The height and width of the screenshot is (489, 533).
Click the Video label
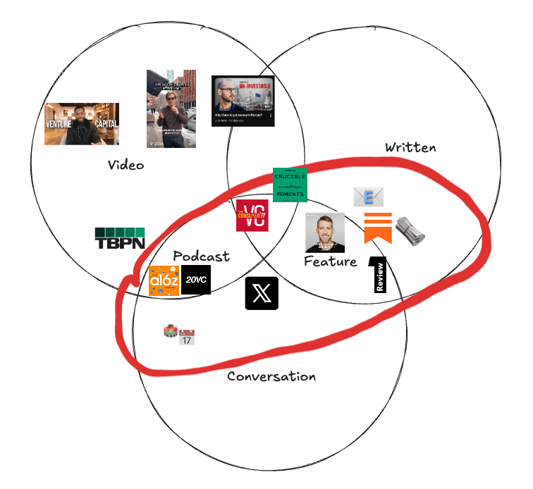point(126,165)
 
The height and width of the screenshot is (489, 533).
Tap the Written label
point(410,147)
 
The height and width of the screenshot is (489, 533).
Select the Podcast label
point(201,256)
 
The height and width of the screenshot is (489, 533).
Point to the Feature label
point(330,261)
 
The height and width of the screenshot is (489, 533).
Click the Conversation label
point(271,376)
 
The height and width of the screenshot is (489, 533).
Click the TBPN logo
point(120,239)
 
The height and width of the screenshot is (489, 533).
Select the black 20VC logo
point(196,280)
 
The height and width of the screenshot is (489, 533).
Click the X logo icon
point(262,293)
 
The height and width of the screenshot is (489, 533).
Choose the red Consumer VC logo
point(252,215)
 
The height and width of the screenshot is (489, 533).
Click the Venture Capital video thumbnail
point(82,124)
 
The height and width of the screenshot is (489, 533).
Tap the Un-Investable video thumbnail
point(243,101)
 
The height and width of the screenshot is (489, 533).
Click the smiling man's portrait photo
point(325,233)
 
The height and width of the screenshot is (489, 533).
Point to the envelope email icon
point(369,197)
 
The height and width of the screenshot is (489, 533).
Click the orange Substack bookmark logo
point(378,228)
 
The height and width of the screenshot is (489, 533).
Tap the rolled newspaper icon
point(410,231)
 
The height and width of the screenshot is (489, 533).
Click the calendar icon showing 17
point(187,337)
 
